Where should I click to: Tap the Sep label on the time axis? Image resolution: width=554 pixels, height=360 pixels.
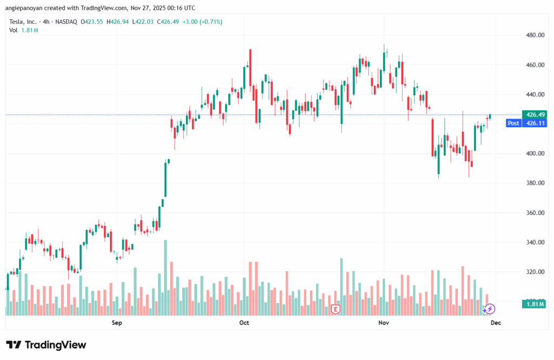click(x=117, y=323)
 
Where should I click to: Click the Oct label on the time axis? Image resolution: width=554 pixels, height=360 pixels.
click(x=244, y=323)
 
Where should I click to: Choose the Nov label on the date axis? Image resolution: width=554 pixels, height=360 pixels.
click(x=384, y=323)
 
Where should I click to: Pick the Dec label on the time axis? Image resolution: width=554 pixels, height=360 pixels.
click(x=495, y=323)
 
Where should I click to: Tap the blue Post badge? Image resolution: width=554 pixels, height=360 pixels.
click(x=513, y=123)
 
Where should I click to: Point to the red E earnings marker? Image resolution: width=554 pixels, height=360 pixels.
click(x=335, y=310)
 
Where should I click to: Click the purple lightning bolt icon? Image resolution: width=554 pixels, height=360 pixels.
click(x=490, y=309)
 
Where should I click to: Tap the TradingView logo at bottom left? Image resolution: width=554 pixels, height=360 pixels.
click(x=46, y=345)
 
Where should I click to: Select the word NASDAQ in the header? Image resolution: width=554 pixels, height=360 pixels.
click(x=64, y=22)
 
